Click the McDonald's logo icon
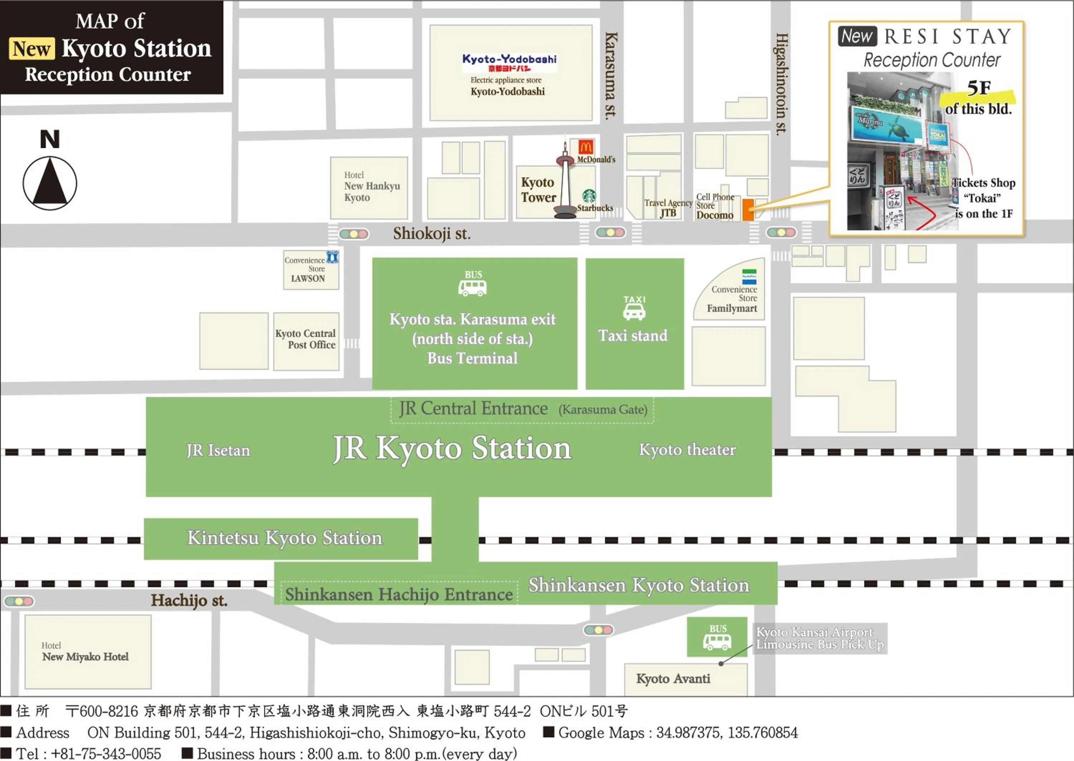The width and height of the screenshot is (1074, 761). [x=585, y=147]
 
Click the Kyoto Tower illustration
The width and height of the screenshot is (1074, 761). [x=565, y=183]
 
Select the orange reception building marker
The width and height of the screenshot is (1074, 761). [x=748, y=210]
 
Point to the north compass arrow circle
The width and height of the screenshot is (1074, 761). [x=50, y=183]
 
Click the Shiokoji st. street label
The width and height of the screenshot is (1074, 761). [x=431, y=234]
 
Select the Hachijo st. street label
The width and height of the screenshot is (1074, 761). [x=189, y=600]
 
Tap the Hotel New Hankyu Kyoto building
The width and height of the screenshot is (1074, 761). [x=369, y=187]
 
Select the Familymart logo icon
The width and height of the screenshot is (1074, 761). [x=749, y=277]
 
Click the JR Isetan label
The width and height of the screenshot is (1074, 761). [x=218, y=450]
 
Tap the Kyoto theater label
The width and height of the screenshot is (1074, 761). [x=687, y=450]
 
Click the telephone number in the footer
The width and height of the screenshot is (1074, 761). [x=106, y=753]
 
